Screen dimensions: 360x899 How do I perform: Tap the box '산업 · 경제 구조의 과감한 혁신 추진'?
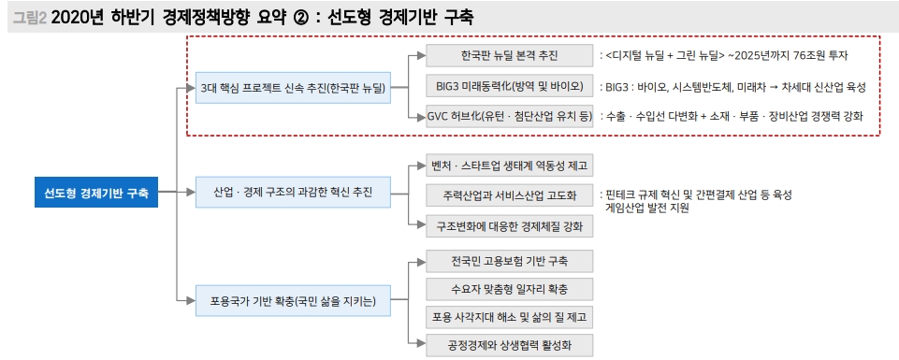pos(294,194)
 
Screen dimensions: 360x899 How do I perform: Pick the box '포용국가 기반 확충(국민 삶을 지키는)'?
pos(294,300)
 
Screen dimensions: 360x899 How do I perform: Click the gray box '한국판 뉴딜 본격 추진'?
pos(509,55)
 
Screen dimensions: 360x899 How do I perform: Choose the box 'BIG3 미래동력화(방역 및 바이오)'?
pos(509,86)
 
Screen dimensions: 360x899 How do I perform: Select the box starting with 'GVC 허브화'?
pos(509,117)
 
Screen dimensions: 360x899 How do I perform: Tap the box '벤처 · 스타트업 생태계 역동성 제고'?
pos(509,166)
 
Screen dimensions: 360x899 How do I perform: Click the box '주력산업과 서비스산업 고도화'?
pos(509,195)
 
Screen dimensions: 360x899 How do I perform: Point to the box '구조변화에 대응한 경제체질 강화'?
pos(509,225)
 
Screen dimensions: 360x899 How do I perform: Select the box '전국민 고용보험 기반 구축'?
pos(509,259)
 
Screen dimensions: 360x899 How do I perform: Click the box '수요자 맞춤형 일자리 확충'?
pos(509,288)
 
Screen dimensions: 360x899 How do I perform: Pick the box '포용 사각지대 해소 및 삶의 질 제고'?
pos(509,317)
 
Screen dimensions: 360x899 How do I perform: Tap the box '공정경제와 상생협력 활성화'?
pos(509,346)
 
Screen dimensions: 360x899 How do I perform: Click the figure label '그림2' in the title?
pos(30,16)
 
